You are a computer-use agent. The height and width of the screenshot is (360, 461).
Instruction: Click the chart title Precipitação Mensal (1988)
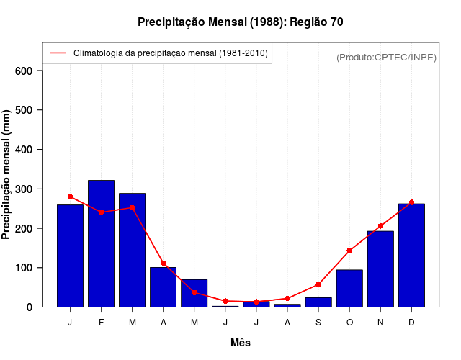(240, 22)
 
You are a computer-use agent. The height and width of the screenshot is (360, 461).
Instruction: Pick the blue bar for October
(349, 288)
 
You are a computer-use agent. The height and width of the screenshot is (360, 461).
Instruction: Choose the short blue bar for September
(318, 302)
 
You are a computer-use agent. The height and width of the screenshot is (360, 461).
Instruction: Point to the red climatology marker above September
(318, 284)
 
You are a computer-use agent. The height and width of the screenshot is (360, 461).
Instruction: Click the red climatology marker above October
(349, 251)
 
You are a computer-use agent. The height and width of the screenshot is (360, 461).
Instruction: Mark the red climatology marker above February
(101, 212)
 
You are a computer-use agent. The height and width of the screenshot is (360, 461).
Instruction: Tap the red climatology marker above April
(164, 263)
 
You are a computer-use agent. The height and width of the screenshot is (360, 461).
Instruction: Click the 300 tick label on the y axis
(24, 189)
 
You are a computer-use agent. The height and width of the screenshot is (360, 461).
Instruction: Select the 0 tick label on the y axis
(30, 307)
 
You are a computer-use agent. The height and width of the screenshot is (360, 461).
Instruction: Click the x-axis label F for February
(101, 323)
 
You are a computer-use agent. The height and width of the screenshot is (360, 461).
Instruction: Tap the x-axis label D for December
(411, 323)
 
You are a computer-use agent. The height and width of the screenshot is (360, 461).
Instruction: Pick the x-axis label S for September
(318, 323)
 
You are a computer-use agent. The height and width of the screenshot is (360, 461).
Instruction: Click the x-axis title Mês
(241, 343)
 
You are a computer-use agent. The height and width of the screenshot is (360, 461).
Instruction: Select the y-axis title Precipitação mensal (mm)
(7, 175)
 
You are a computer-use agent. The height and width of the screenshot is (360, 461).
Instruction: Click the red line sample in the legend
(58, 53)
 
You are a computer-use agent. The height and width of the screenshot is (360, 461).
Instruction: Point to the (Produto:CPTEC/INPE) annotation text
(386, 57)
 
